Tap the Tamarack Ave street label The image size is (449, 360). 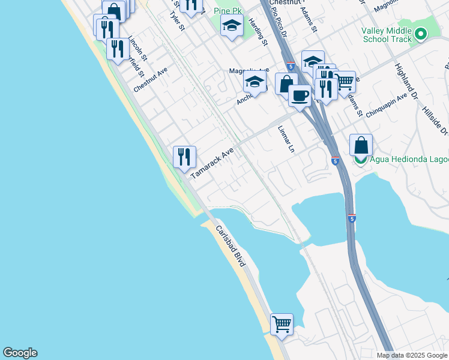click(212, 164)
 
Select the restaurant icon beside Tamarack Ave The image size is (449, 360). click(184, 157)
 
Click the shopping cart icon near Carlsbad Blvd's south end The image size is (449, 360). click(282, 324)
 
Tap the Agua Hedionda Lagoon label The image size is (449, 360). click(409, 160)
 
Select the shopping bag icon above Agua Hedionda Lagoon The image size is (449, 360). click(361, 145)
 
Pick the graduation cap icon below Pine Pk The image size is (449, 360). click(232, 26)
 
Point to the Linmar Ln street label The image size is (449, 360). click(288, 139)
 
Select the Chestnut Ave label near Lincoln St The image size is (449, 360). click(151, 79)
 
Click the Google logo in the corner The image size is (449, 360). click(20, 353)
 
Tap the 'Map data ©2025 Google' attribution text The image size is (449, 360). click(412, 355)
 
